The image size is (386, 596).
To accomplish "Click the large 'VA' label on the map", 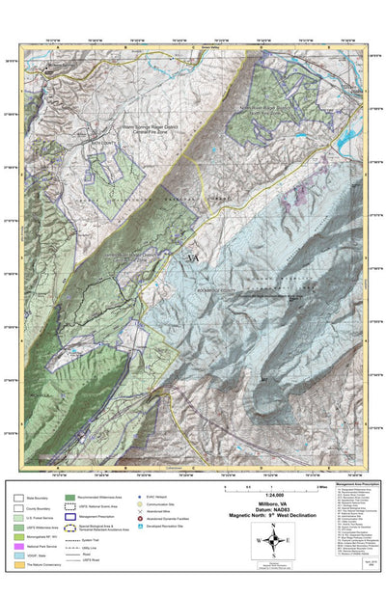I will [x=192, y=259].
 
